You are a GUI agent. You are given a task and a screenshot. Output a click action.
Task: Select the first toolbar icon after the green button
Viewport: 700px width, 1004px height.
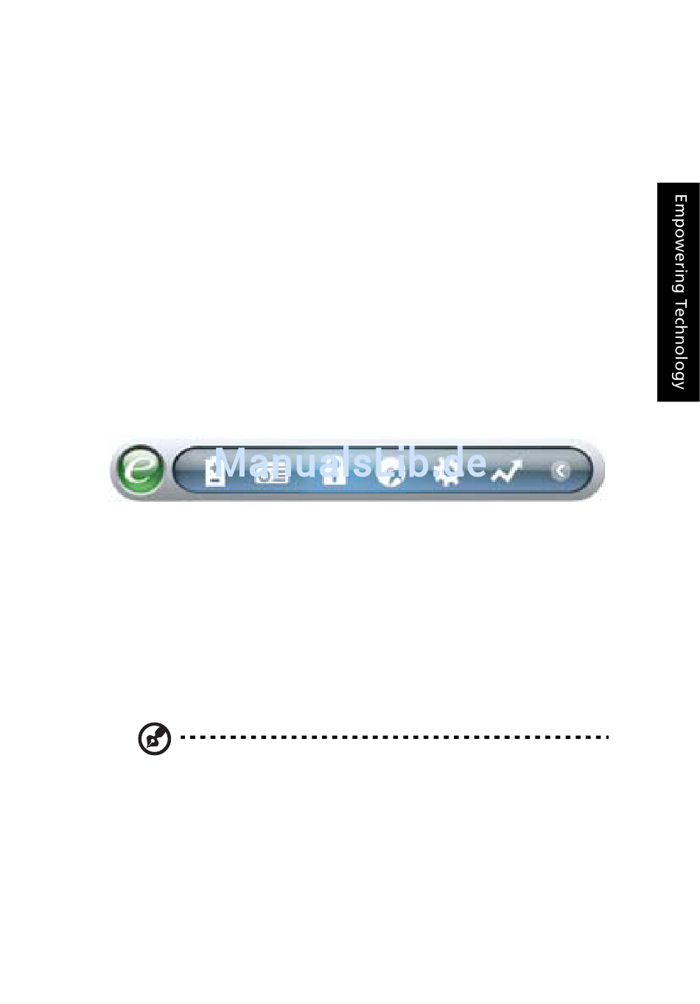[x=214, y=472]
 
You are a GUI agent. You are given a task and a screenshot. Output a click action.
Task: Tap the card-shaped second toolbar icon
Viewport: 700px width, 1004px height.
[x=272, y=473]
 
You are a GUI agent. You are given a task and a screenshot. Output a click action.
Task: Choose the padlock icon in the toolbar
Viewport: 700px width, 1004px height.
[x=334, y=472]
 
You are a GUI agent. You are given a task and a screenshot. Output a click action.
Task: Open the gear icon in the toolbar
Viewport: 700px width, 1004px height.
[x=448, y=472]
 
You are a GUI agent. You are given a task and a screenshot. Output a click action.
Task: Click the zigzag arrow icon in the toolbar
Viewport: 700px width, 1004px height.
[x=506, y=471]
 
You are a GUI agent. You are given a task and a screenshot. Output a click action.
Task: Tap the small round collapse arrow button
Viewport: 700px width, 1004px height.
[x=561, y=471]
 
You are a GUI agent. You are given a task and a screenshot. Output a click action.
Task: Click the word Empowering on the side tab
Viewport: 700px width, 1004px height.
[x=679, y=243]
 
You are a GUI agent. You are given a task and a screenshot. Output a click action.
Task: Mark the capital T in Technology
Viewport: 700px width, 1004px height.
[x=679, y=303]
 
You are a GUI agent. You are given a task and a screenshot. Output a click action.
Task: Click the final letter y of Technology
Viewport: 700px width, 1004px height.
[x=679, y=383]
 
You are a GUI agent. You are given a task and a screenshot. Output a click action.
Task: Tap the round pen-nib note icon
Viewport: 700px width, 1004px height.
[x=155, y=739]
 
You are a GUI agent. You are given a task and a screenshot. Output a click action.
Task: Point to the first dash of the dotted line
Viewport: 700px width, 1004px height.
[x=183, y=737]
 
